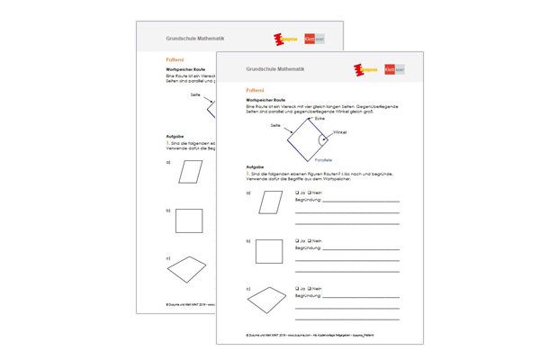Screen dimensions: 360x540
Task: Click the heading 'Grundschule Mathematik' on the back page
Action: (x=194, y=39)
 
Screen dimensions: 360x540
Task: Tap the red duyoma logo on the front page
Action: (x=365, y=69)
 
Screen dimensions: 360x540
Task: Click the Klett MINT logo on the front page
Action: (x=394, y=69)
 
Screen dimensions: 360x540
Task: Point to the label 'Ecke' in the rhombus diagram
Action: (x=319, y=119)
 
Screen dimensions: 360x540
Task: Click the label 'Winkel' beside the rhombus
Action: (x=339, y=132)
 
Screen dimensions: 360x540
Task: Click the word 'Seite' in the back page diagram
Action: (x=195, y=94)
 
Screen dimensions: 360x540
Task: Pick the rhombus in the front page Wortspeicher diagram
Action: (x=308, y=137)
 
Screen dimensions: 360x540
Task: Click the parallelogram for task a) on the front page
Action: (x=270, y=202)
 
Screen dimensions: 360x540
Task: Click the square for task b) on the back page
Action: (x=189, y=220)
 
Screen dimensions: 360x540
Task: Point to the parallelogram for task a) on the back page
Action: (x=191, y=171)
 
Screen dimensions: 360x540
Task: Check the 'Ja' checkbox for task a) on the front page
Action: (x=297, y=193)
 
